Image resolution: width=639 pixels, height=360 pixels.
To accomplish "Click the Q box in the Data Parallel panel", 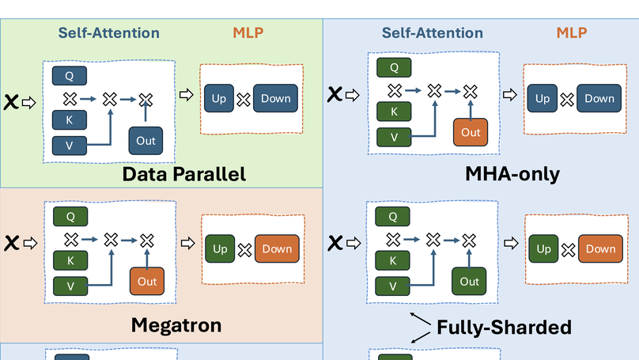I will point(69,76).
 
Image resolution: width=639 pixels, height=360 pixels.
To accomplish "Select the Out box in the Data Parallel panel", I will point(146,140).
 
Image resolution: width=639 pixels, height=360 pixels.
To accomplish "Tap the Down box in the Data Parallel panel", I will point(276,99).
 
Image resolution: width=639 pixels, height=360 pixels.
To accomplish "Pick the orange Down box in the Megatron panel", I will point(277,249).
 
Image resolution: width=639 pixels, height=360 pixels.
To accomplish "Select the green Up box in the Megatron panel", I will point(220,249).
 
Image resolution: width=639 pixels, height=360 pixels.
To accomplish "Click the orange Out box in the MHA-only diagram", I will point(471,132).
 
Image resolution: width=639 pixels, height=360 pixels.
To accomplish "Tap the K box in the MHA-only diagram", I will point(394,112).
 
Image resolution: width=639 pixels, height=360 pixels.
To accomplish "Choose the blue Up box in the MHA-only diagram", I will point(543,99).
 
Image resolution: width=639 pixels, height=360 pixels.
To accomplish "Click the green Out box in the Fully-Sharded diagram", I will point(469,282).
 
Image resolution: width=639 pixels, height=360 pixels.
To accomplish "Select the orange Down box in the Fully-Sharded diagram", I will point(600,249).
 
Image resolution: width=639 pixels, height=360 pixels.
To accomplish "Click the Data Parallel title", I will point(184,174).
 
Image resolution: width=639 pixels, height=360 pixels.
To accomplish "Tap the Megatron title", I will point(176,324).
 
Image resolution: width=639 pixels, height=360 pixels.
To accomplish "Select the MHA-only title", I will point(515,174).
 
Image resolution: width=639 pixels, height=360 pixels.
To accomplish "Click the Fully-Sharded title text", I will point(504,326).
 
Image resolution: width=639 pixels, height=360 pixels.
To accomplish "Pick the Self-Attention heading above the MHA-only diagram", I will point(432,33).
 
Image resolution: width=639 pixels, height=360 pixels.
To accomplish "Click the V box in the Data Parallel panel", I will point(69,145).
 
